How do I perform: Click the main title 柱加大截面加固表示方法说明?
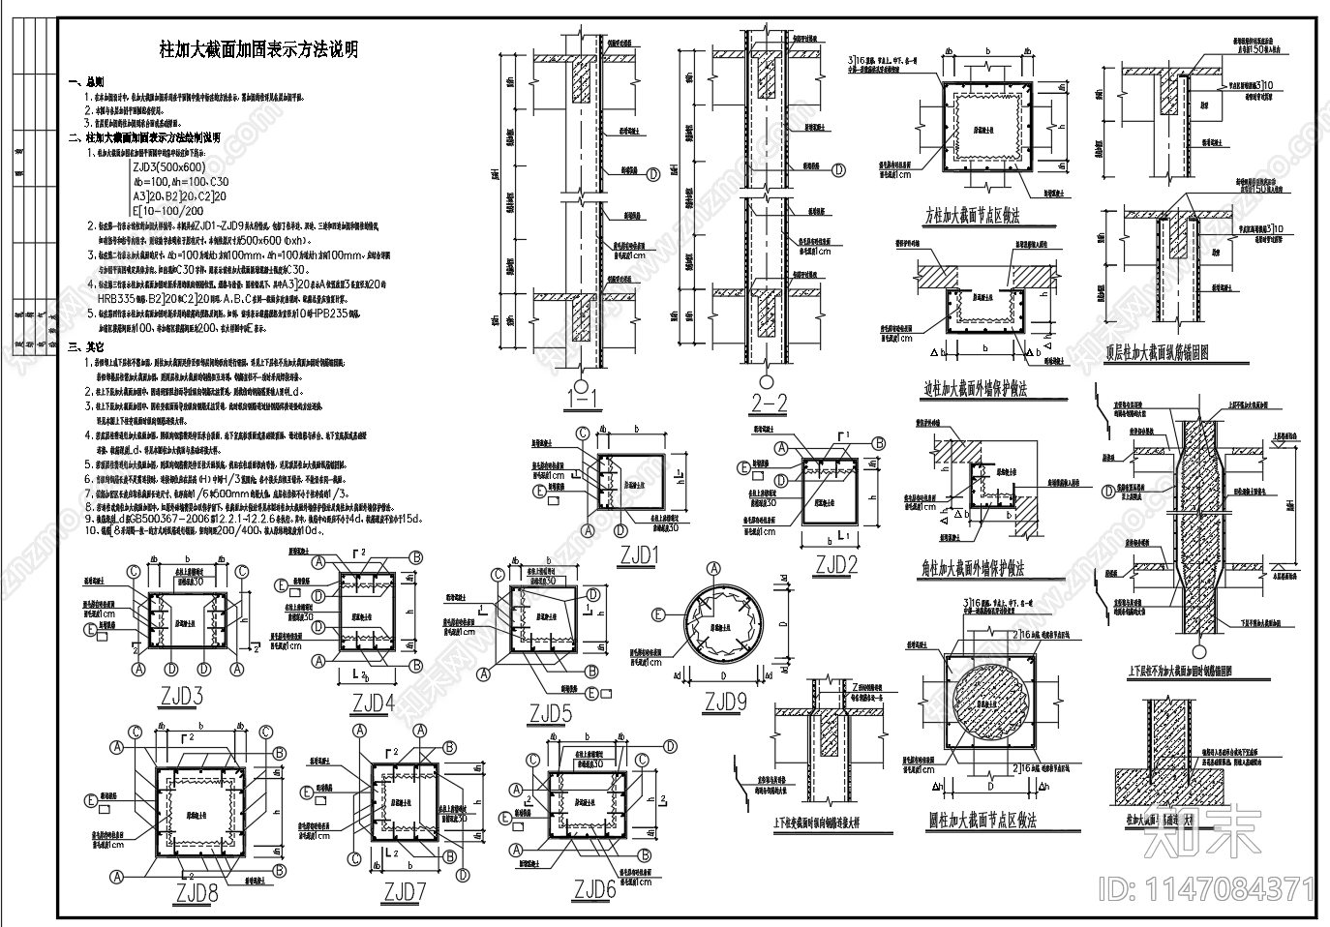(258, 50)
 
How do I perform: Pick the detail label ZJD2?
(836, 563)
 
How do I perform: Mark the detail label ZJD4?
(375, 702)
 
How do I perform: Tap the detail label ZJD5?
(549, 714)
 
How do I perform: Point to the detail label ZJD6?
(594, 887)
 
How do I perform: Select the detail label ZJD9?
(729, 701)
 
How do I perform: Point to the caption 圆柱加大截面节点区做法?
(982, 820)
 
